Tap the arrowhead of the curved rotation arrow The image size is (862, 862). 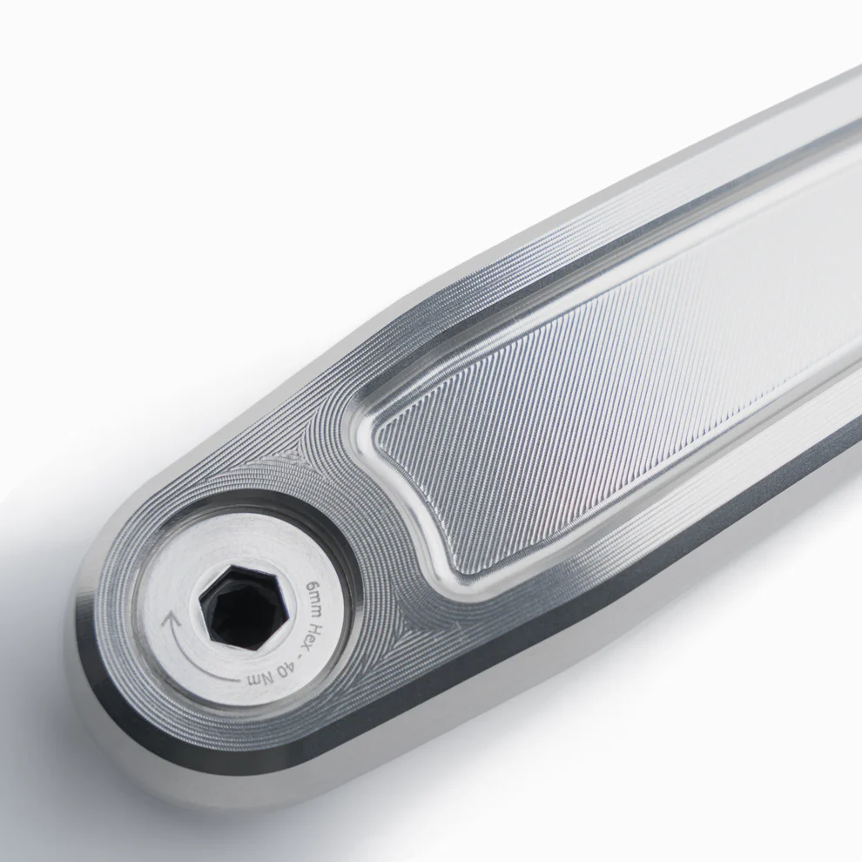tap(172, 621)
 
